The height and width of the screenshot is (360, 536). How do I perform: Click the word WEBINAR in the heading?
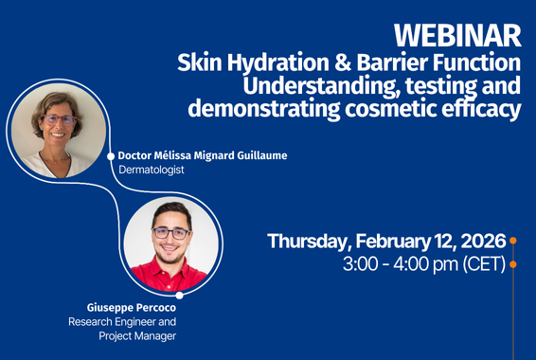(457, 35)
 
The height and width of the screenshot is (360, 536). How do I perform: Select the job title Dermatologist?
(151, 171)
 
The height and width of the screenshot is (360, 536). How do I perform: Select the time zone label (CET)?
(484, 264)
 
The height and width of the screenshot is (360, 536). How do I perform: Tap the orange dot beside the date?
(513, 242)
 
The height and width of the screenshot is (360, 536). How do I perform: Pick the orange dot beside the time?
(513, 264)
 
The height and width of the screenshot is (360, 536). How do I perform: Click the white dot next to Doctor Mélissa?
(111, 155)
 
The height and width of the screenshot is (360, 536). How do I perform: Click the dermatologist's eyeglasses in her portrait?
(59, 120)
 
